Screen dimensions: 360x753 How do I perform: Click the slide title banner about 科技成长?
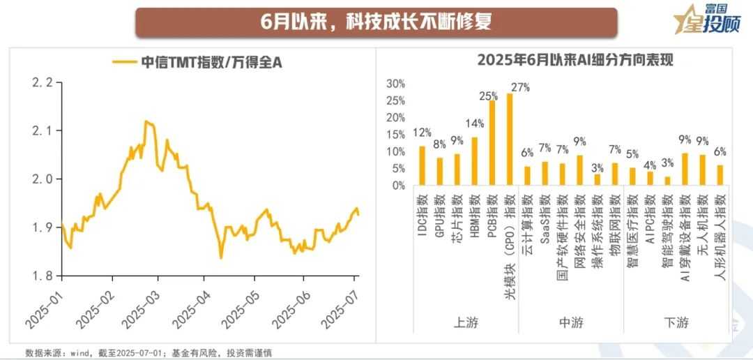pyautogui.click(x=376, y=22)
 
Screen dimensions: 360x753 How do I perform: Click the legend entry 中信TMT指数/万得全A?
pyautogui.click(x=198, y=62)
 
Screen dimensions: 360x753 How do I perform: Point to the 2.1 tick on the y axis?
pyautogui.click(x=43, y=130)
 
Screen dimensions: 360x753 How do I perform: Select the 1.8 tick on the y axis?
pyautogui.click(x=43, y=276)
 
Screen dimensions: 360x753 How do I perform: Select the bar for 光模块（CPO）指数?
pyautogui.click(x=510, y=140)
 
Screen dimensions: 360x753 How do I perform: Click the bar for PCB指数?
pyautogui.click(x=492, y=143)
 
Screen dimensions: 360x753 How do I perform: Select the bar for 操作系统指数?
pyautogui.click(x=598, y=179)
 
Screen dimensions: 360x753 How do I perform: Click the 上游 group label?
pyautogui.click(x=465, y=322)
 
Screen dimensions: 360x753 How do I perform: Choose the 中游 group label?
pyautogui.click(x=572, y=322)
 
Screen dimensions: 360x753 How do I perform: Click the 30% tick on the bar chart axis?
pyautogui.click(x=396, y=84)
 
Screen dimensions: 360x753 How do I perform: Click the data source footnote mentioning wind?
pyautogui.click(x=148, y=352)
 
